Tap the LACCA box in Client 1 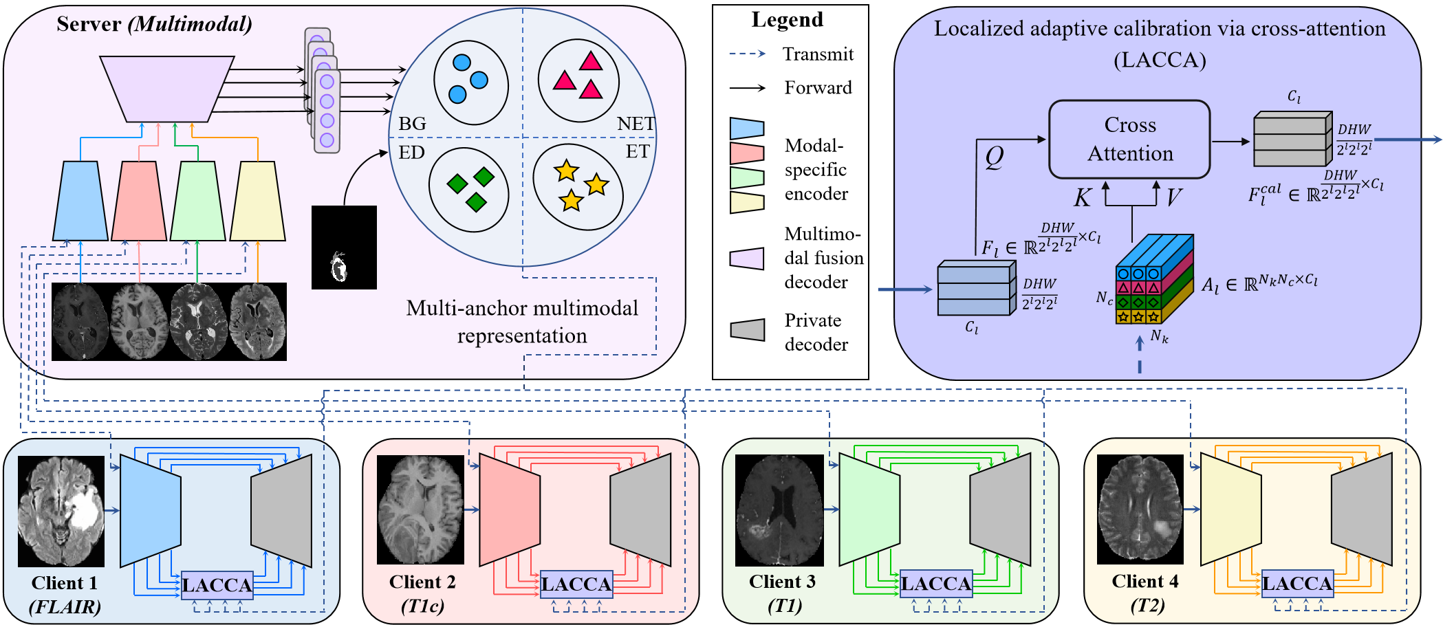tap(217, 585)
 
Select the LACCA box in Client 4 tap(1297, 584)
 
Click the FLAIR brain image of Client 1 tap(61, 511)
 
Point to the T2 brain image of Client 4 tap(1140, 509)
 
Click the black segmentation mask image tap(344, 247)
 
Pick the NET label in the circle tap(636, 124)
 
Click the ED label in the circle tap(411, 153)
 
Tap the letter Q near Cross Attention tap(994, 157)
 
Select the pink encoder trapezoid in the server tap(139, 201)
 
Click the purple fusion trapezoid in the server tap(166, 88)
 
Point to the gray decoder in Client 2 tap(641, 509)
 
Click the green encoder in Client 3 tap(869, 509)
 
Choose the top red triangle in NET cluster tap(591, 62)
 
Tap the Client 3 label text tap(782, 582)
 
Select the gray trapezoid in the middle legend tap(747, 329)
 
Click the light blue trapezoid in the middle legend tap(747, 129)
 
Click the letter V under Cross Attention tap(1173, 198)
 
